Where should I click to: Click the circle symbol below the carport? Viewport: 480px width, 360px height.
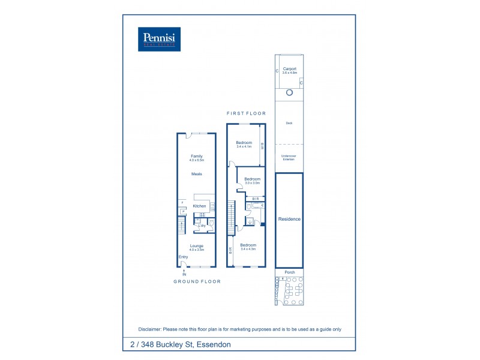tap(289, 92)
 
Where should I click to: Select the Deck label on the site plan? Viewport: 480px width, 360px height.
tap(289, 124)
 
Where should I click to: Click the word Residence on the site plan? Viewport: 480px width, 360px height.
tap(289, 219)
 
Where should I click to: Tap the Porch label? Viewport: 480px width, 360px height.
tap(289, 272)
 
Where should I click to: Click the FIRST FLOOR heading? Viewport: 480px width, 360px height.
tap(246, 113)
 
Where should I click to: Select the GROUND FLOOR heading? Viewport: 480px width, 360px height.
tap(197, 281)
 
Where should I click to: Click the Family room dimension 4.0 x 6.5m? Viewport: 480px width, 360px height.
tap(197, 161)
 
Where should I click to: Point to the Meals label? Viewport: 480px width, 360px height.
tap(197, 174)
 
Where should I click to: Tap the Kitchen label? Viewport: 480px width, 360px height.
tap(199, 206)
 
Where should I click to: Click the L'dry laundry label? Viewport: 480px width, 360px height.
tap(202, 226)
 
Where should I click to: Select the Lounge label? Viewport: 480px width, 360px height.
tap(197, 245)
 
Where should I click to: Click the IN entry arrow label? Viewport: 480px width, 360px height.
tap(184, 275)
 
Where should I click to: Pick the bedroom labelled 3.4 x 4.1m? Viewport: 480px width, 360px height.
tap(244, 146)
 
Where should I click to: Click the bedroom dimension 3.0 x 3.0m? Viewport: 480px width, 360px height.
tap(252, 182)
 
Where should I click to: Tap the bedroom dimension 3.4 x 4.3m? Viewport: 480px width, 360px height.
tap(248, 248)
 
